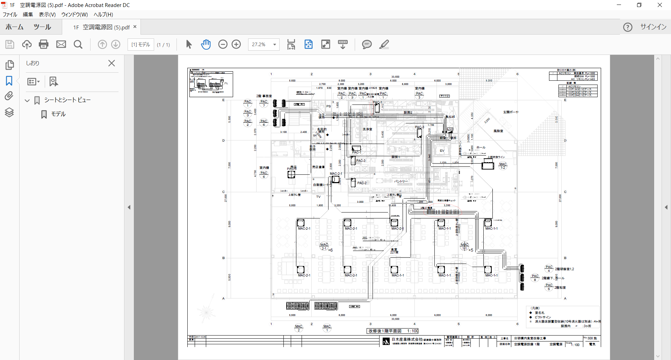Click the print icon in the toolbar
coord(44,44)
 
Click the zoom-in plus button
coord(236,44)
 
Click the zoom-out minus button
coord(223,44)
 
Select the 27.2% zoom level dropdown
coord(264,44)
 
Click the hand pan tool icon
coord(206,44)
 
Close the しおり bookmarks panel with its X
coord(111,63)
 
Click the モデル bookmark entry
coord(58,114)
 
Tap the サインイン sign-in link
coord(653,27)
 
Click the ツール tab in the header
coord(42,27)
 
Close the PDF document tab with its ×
coord(135,27)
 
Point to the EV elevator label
coord(442,151)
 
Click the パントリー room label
coord(401,181)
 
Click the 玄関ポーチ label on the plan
coord(511,112)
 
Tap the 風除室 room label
coord(498,131)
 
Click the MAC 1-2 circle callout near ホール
coord(503,166)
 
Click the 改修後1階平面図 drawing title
coord(385,331)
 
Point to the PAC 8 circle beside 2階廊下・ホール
coord(535,278)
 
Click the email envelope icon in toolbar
coord(61,44)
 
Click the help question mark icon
coord(628,27)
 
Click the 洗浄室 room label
coord(367,129)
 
